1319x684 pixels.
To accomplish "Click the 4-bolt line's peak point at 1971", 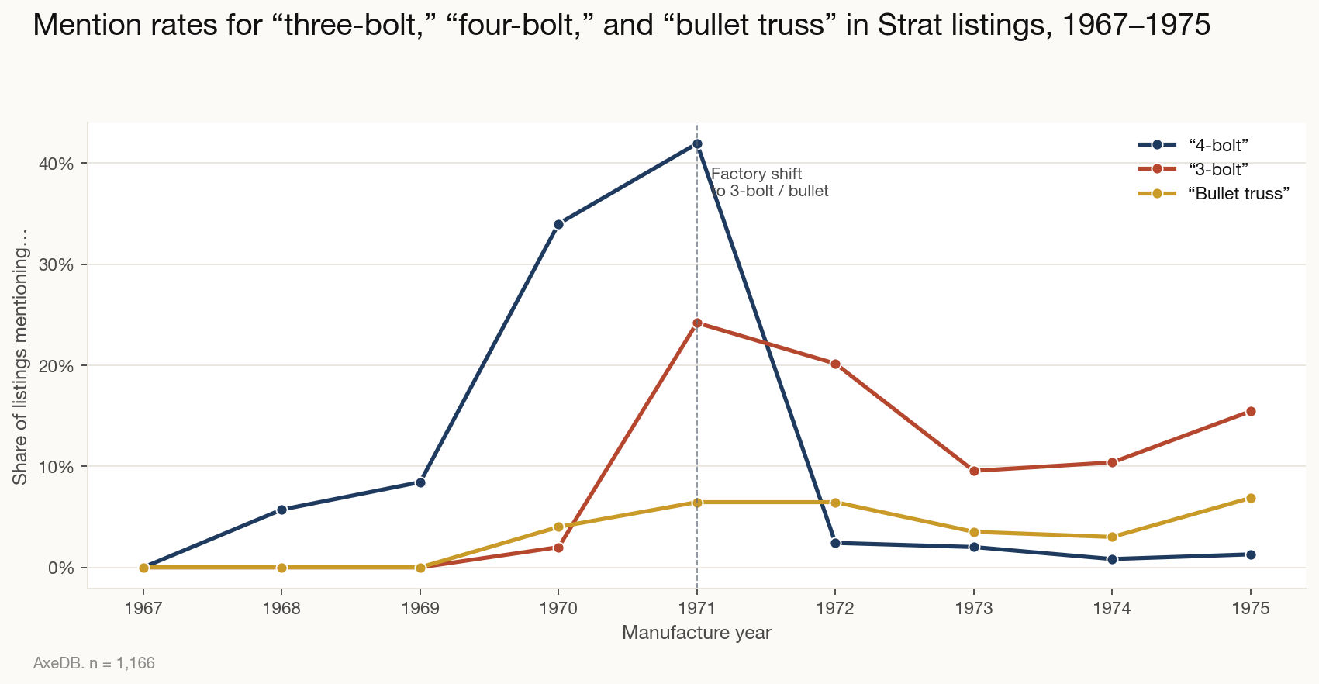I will [697, 144].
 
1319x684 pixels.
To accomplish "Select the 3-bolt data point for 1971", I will [697, 323].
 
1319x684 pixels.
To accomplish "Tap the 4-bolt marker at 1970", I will [558, 224].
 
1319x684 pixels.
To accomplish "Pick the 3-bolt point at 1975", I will [1251, 412].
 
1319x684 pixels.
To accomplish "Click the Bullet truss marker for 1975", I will [1251, 498].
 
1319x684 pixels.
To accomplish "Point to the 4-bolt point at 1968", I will [281, 510].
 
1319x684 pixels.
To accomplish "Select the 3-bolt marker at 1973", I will [974, 471].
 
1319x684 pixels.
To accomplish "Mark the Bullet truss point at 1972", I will [835, 503].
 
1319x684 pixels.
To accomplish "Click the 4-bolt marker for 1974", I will [1112, 558].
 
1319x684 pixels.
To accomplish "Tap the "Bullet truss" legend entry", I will [1238, 194].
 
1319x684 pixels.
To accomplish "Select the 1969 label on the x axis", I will [420, 609].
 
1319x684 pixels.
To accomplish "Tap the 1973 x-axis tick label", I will [974, 609].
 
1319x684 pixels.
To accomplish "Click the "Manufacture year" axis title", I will [696, 633].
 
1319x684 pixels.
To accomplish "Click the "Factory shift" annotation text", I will [756, 174].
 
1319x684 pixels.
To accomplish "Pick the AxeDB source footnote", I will [94, 664].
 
